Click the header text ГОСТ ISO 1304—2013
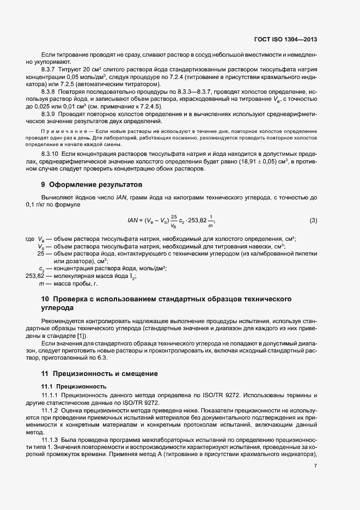pyautogui.click(x=285, y=40)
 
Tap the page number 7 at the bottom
pyautogui.click(x=315, y=466)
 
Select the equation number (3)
pyautogui.click(x=313, y=220)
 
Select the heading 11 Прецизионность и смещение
pyautogui.click(x=100, y=374)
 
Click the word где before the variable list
pyautogui.click(x=30, y=240)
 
